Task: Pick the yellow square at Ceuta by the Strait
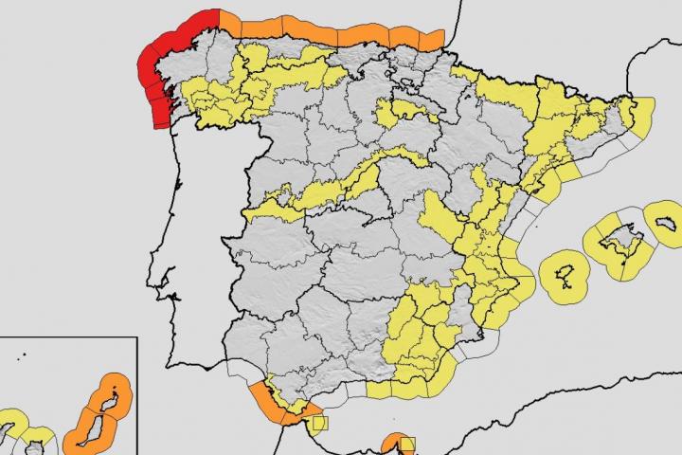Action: click(319, 424)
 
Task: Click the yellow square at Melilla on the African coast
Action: click(406, 443)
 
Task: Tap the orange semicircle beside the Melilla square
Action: click(390, 443)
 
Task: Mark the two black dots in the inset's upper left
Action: click(22, 357)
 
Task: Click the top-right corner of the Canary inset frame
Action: click(137, 338)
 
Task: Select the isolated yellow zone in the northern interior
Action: click(407, 114)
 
